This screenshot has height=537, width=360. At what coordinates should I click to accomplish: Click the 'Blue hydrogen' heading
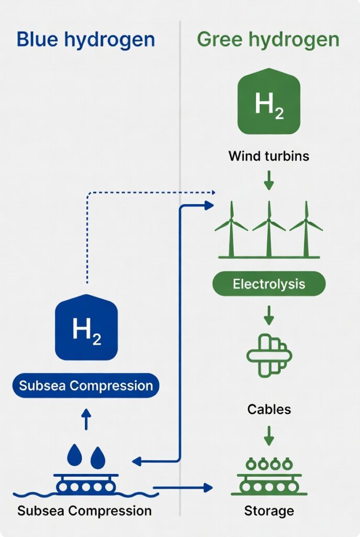pos(86,40)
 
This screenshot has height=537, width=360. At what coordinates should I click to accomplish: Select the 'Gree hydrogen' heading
pos(268,40)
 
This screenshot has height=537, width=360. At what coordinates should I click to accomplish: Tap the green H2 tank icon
pos(269,102)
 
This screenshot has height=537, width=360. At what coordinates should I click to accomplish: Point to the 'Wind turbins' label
pos(269,156)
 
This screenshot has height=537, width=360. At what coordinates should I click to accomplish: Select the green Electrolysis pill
pos(269,285)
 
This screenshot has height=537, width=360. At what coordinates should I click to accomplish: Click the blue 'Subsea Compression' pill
pos(86,385)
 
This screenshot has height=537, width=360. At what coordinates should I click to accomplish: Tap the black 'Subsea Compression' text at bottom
pos(84,510)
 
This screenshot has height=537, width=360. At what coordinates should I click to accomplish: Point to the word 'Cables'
pos(269,409)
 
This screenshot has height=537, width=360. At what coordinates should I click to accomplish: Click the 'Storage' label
pos(269,510)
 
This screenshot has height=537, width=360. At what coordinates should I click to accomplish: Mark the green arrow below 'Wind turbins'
pos(269,181)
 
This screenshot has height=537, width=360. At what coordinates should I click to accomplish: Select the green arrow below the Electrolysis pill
pos(269,315)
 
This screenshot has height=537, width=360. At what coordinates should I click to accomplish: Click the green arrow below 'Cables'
pos(269,435)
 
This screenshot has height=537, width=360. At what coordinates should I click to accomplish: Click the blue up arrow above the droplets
pos(86,420)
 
